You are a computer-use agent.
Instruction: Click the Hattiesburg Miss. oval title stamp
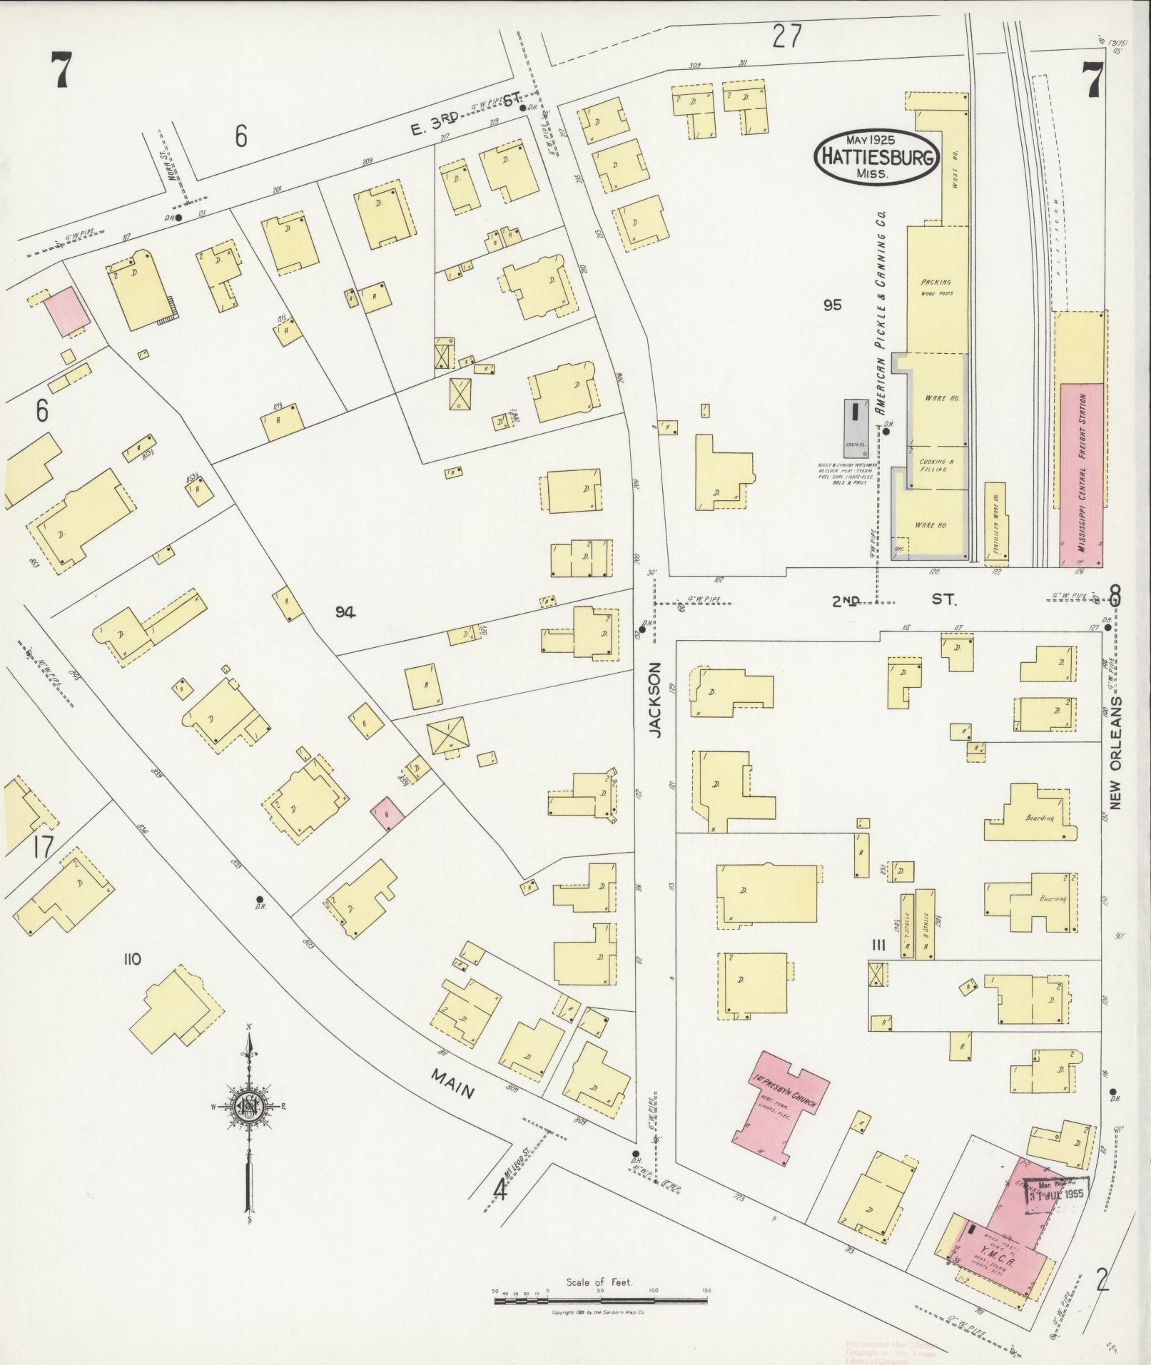click(876, 157)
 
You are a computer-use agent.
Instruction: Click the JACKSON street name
click(656, 699)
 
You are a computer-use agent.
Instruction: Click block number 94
click(346, 612)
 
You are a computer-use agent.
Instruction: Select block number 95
click(831, 305)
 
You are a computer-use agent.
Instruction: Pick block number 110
click(131, 959)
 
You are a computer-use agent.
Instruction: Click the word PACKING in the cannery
click(936, 283)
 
